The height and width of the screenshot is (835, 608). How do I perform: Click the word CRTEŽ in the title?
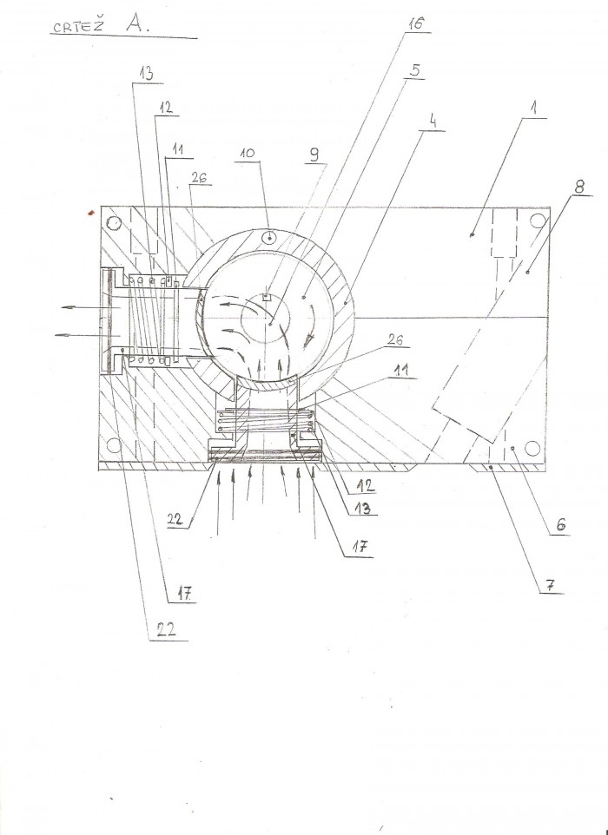coord(78,27)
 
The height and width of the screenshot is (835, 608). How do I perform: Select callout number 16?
coord(416,23)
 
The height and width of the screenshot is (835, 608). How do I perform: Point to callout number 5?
coord(415,70)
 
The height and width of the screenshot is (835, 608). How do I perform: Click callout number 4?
coord(433,122)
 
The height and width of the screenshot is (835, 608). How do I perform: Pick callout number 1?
coord(532,108)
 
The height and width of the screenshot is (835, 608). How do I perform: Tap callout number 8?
coord(578,187)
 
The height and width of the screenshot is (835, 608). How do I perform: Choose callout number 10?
coord(248,153)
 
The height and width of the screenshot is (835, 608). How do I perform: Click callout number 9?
coord(314,155)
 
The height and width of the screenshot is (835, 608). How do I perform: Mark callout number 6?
coord(560,525)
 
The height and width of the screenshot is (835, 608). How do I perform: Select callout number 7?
coord(551,585)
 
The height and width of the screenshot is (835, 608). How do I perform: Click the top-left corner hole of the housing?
coord(114,222)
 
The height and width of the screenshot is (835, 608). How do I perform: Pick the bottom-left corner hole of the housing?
coord(114,445)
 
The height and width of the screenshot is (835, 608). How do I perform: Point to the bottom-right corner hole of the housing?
coord(532,449)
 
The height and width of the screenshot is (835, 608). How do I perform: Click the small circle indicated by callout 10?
coord(270,238)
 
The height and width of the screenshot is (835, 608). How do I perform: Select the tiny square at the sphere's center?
coord(266,297)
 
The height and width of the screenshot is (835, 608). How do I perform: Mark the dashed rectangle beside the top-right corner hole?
coord(504,233)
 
